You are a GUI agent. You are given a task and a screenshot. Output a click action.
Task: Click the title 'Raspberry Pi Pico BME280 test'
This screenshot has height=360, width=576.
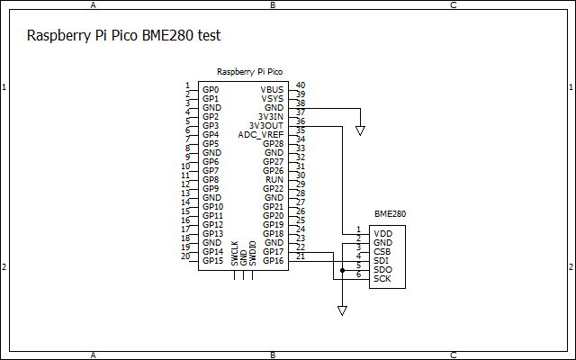pos(124,37)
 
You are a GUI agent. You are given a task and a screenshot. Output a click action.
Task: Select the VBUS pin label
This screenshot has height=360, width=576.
pos(272,90)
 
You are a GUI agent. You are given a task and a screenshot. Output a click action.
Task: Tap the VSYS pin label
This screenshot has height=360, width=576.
pos(272,99)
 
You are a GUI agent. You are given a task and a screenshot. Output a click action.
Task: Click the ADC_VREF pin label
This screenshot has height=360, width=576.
pos(261,135)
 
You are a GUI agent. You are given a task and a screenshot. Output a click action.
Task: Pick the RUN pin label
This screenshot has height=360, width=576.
pos(274,180)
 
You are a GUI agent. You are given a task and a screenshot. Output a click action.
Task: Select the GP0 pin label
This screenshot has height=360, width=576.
pos(211,90)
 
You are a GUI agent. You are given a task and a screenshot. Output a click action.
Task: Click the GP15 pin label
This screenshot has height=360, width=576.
pos(212,261)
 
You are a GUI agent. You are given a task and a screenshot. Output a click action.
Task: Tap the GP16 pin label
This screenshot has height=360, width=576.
pos(274,261)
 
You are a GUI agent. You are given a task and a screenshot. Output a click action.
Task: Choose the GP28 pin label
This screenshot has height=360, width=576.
pos(274,144)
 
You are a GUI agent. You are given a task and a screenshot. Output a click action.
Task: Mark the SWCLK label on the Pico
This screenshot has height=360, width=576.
pos(235,253)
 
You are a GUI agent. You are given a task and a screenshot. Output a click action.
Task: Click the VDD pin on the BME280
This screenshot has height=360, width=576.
pos(382,234)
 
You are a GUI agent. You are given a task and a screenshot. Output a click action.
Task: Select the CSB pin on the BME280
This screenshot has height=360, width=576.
pos(382,252)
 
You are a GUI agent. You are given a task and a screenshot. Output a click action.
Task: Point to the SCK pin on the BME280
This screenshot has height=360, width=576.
pos(382,279)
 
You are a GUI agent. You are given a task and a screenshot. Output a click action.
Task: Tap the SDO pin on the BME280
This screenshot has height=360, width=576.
pos(382,270)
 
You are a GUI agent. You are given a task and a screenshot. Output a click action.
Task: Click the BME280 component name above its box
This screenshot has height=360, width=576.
pos(390,215)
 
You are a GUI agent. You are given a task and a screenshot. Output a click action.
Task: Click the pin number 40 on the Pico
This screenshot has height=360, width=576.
pos(300,85)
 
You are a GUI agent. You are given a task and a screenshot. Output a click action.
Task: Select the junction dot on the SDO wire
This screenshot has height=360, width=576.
pos(342,269)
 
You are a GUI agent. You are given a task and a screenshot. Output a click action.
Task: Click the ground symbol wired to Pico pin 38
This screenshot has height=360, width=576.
pos(360,130)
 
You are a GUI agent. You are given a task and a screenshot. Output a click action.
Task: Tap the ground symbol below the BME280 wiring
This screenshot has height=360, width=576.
pos(342,310)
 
